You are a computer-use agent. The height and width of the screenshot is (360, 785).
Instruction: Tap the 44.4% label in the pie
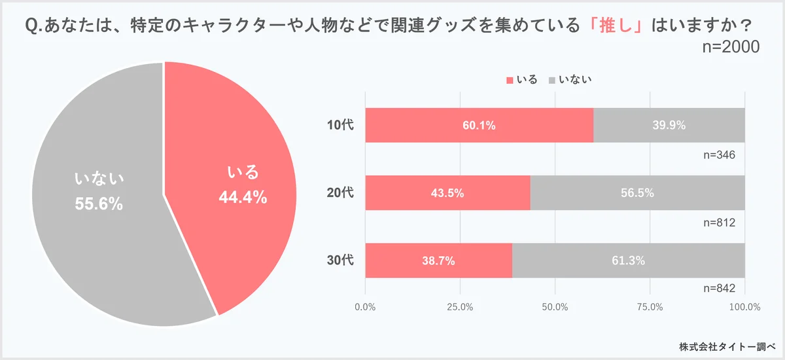(243, 197)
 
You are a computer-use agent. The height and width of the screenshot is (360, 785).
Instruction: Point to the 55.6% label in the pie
(99, 204)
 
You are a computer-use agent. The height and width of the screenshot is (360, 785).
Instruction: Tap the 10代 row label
(340, 125)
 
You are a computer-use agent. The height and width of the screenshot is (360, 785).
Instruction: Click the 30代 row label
(340, 261)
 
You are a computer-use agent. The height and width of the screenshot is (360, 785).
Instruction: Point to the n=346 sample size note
(720, 156)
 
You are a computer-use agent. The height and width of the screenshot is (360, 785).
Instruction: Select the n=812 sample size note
(720, 223)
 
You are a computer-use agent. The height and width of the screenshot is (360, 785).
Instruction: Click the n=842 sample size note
(720, 289)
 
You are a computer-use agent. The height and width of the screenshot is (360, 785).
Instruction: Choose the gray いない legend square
(552, 80)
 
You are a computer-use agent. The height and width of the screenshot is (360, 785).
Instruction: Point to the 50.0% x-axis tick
(555, 306)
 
